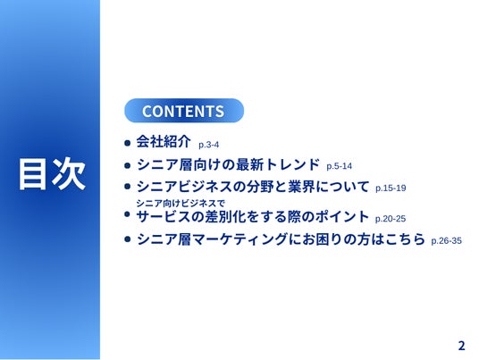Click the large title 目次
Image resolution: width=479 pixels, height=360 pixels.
52,174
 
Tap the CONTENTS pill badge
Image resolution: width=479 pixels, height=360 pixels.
184,111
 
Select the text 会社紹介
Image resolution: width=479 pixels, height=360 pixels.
164,141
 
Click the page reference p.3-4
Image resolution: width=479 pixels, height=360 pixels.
208,145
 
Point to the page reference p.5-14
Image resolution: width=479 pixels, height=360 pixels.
339,166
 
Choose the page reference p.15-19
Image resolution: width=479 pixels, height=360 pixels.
391,188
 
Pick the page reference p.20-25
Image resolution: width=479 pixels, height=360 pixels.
391,219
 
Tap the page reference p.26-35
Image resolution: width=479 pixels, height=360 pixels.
446,240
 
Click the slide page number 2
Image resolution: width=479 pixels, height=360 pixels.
461,346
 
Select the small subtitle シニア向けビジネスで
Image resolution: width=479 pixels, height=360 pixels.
181,203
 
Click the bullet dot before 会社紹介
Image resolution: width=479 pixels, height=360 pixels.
128,143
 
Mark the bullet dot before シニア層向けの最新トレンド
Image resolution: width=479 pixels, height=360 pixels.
128,165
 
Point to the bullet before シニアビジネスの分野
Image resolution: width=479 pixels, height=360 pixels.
128,187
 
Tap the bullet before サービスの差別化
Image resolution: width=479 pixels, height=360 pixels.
128,214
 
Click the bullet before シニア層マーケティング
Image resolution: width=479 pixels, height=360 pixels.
128,239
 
